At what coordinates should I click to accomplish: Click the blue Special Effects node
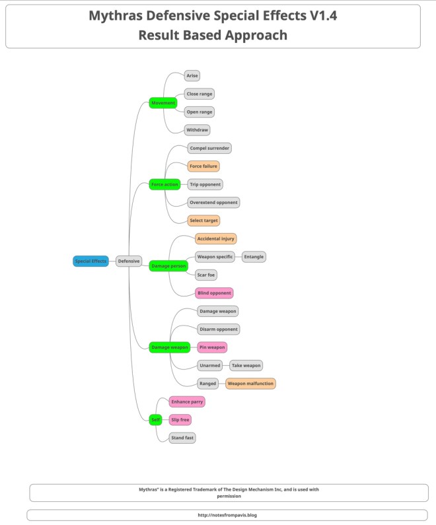pyautogui.click(x=91, y=261)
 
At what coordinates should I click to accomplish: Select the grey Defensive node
pyautogui.click(x=129, y=261)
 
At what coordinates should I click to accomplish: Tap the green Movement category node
pyautogui.click(x=163, y=103)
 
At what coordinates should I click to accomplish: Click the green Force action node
pyautogui.click(x=165, y=184)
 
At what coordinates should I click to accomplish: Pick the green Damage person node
pyautogui.click(x=169, y=265)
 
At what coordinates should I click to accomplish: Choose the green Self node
pyautogui.click(x=155, y=419)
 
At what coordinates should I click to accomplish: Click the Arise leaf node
pyautogui.click(x=192, y=76)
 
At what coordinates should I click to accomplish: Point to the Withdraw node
pyautogui.click(x=198, y=130)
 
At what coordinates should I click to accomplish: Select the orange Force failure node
pyautogui.click(x=203, y=166)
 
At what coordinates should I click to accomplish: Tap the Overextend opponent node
pyautogui.click(x=213, y=202)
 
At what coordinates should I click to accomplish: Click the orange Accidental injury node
pyautogui.click(x=215, y=238)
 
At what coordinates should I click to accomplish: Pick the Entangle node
pyautogui.click(x=254, y=256)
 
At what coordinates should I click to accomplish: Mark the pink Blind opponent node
pyautogui.click(x=214, y=293)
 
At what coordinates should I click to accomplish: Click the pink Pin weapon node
pyautogui.click(x=213, y=347)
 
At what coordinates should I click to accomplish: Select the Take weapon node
pyautogui.click(x=246, y=365)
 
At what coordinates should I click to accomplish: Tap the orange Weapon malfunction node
pyautogui.click(x=251, y=383)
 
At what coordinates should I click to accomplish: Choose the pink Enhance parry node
pyautogui.click(x=187, y=402)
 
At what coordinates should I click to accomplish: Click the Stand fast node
pyautogui.click(x=182, y=437)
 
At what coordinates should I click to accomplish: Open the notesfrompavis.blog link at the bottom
pyautogui.click(x=217, y=514)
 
